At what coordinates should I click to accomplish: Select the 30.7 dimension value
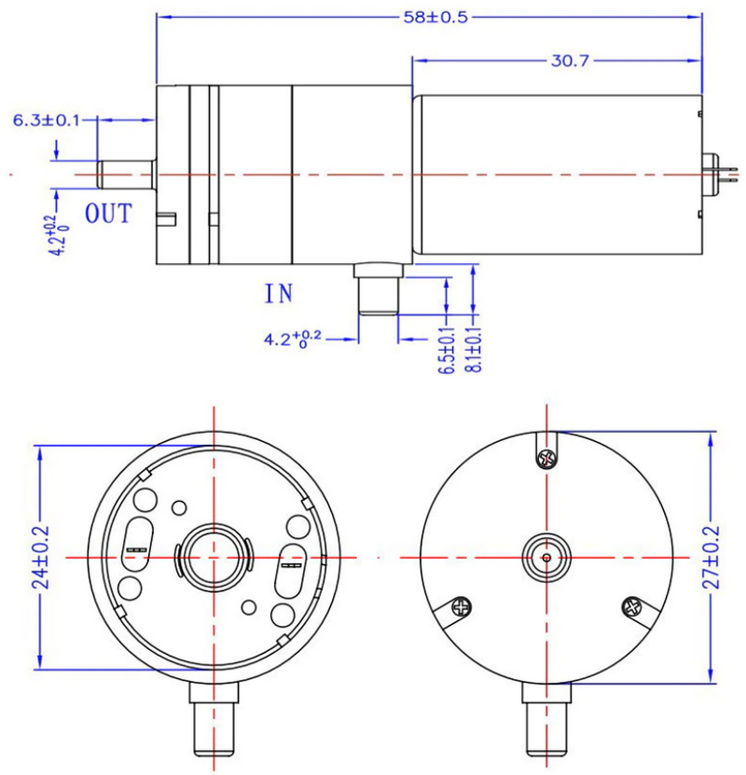click(570, 61)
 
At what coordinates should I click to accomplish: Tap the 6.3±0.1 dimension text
click(46, 120)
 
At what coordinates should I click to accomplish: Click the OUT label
click(109, 215)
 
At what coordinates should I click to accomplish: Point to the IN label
click(278, 295)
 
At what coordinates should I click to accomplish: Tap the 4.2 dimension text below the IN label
click(292, 339)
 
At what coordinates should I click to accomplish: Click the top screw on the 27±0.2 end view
click(547, 458)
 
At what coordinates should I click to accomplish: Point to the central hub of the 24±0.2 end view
click(214, 557)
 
